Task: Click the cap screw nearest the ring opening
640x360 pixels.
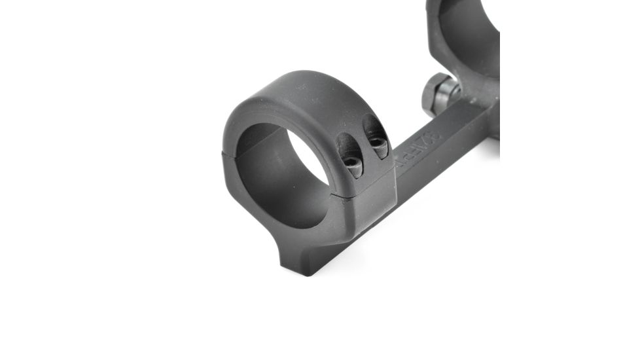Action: coord(353,166)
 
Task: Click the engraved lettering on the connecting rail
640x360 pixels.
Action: coord(419,148)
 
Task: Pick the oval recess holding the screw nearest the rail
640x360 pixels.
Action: coord(374,134)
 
